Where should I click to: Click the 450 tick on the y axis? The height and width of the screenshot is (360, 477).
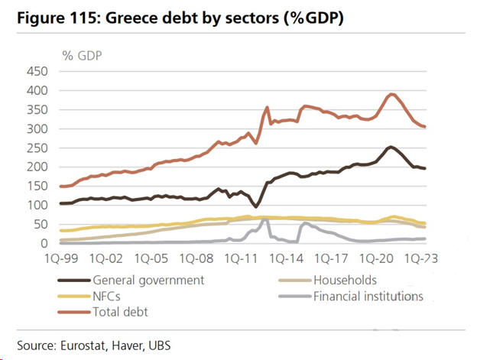click(x=36, y=72)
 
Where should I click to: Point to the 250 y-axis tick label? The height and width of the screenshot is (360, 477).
click(x=36, y=148)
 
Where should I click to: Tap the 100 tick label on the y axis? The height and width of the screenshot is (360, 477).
click(x=36, y=206)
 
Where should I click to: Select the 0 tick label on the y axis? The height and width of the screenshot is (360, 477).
click(x=44, y=244)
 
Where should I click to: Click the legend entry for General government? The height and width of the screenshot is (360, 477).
click(x=148, y=280)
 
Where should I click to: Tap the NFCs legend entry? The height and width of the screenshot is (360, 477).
click(x=107, y=296)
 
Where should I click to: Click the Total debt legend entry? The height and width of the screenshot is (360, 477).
click(x=122, y=312)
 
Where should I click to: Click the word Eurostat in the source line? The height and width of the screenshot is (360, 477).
click(x=83, y=345)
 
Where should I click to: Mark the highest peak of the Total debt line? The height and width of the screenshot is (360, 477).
click(x=391, y=94)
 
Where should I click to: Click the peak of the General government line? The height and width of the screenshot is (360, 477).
click(x=391, y=147)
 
